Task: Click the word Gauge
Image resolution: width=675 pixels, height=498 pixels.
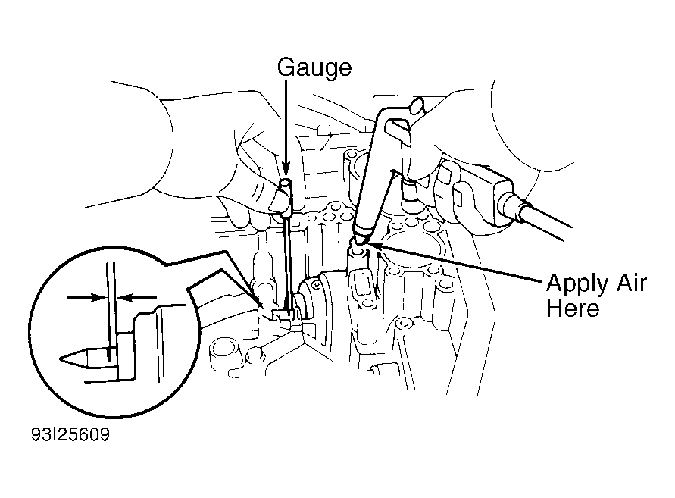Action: click(314, 68)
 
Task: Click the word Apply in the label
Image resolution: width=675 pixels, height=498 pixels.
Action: click(577, 284)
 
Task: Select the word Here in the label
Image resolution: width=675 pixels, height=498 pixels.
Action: click(573, 309)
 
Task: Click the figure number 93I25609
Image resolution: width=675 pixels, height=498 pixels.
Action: click(70, 434)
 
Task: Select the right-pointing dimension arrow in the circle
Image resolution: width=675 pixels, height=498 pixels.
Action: click(86, 297)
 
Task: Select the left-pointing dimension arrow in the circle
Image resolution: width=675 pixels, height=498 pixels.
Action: click(137, 297)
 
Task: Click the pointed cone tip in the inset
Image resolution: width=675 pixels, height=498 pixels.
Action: click(73, 358)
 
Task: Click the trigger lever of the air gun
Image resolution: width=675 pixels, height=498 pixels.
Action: click(398, 130)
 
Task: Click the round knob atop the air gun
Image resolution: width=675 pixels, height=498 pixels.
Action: click(417, 106)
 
